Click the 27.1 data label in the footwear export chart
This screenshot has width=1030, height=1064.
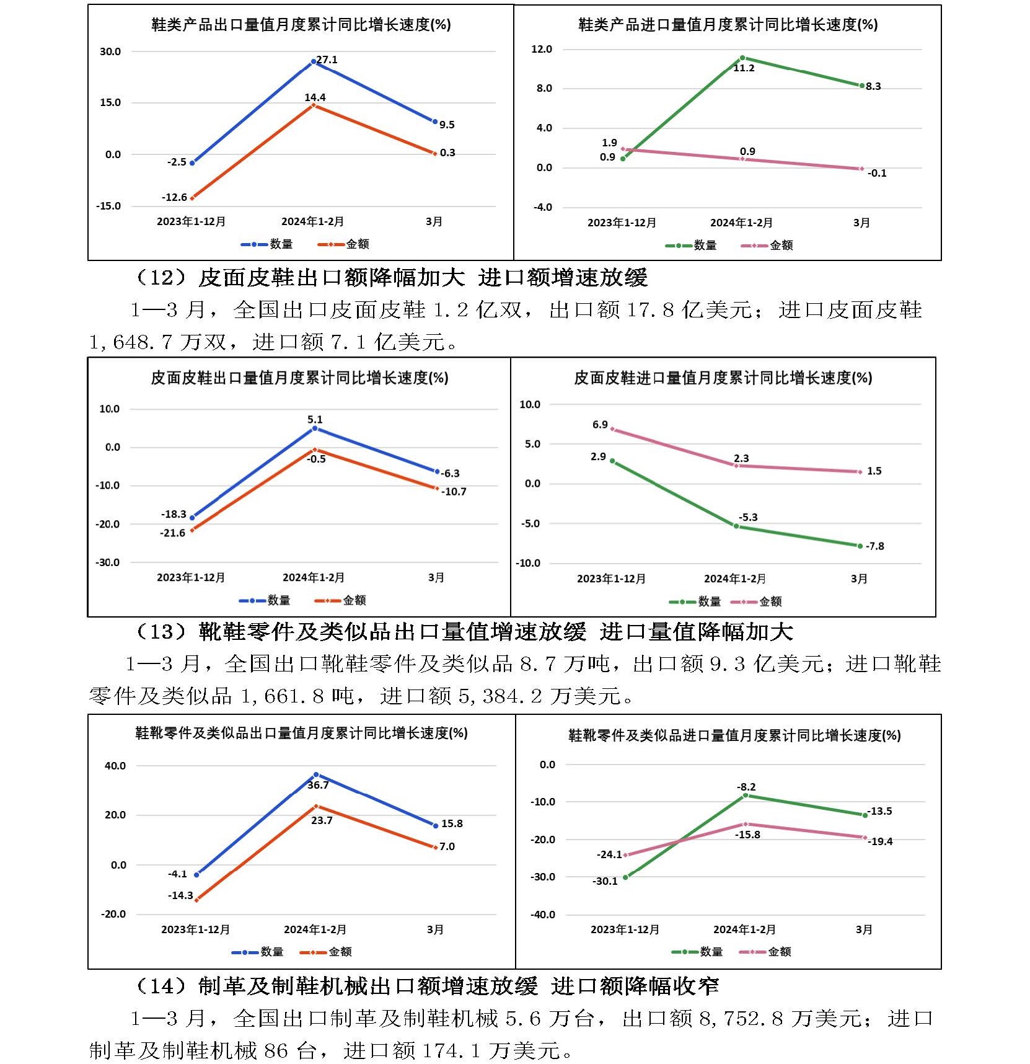(x=327, y=60)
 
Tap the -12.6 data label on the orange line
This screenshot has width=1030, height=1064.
(x=174, y=197)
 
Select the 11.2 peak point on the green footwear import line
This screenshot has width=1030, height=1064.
(x=742, y=58)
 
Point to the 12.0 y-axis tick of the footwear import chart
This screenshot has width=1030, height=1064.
(x=542, y=49)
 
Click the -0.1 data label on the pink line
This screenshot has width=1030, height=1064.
(x=876, y=173)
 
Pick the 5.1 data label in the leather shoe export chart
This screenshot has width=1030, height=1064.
(x=315, y=419)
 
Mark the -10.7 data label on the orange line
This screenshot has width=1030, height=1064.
(x=454, y=492)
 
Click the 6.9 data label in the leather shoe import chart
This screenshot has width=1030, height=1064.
(x=600, y=425)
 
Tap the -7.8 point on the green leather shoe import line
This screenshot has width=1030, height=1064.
(x=860, y=546)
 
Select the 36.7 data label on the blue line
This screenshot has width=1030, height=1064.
(x=318, y=785)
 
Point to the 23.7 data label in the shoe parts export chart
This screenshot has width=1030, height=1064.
(x=322, y=820)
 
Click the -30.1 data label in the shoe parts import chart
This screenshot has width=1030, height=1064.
(x=605, y=881)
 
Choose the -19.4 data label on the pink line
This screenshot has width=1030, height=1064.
(x=880, y=841)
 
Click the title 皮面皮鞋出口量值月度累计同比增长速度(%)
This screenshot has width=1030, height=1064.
(x=299, y=378)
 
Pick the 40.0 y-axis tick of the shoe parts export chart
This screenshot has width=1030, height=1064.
(x=115, y=766)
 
